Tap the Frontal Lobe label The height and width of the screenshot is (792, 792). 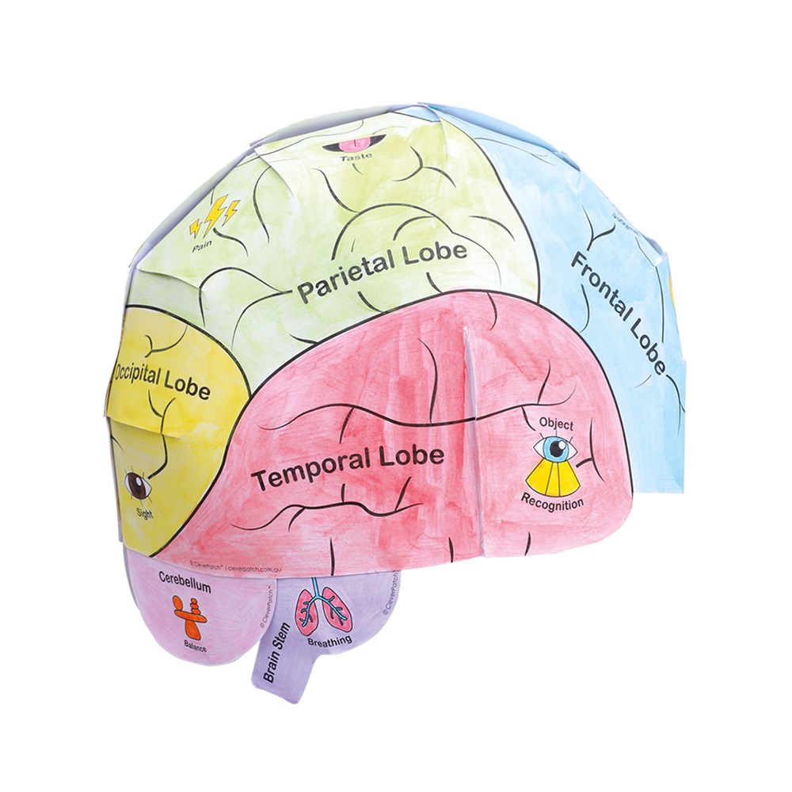tap(618, 312)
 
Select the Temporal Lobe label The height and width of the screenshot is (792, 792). tap(346, 468)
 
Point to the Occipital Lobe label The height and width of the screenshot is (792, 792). tap(163, 381)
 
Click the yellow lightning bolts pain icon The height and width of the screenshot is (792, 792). tap(213, 213)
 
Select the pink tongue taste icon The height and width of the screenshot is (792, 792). tap(354, 143)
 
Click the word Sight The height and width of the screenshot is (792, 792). tap(144, 513)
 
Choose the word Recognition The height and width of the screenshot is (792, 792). tap(553, 501)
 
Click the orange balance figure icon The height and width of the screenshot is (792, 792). tap(190, 616)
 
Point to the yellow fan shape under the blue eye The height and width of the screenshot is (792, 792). tap(554, 478)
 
